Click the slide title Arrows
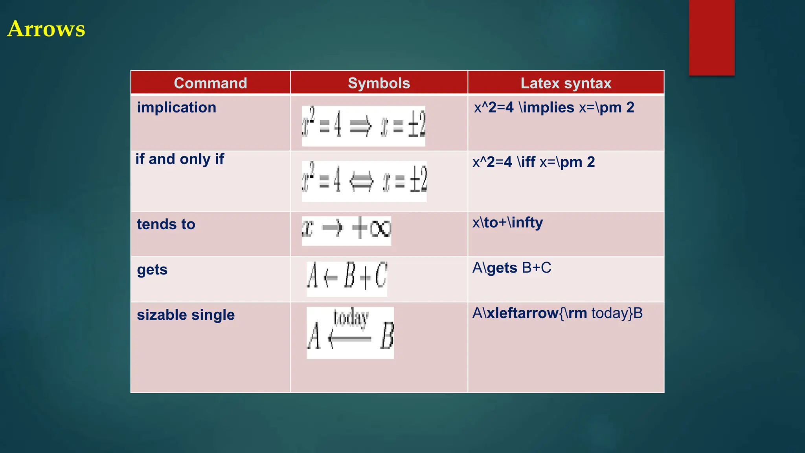click(x=46, y=29)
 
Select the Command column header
click(x=210, y=83)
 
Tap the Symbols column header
click(x=379, y=83)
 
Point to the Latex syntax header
click(x=566, y=83)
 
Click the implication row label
click(x=176, y=107)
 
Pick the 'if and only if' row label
click(x=180, y=159)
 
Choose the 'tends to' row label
click(x=166, y=224)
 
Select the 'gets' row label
click(x=152, y=270)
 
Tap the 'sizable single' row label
click(x=186, y=315)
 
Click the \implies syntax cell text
click(x=554, y=107)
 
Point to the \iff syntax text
click(x=533, y=162)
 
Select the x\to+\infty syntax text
click(x=507, y=223)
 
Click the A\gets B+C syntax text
click(x=511, y=268)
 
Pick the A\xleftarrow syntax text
click(x=557, y=313)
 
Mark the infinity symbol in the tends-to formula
click(x=380, y=228)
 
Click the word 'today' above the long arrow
click(x=351, y=318)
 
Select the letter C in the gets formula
click(x=380, y=275)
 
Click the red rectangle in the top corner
click(x=711, y=37)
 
